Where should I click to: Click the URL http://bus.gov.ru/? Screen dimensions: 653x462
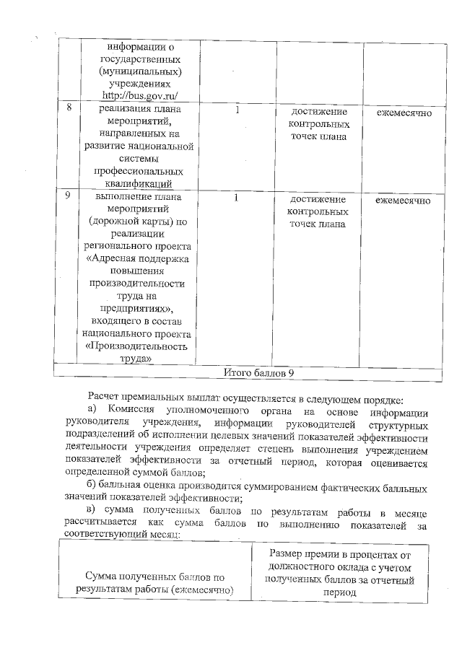(x=140, y=97)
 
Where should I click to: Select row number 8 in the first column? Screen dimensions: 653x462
(x=69, y=109)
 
